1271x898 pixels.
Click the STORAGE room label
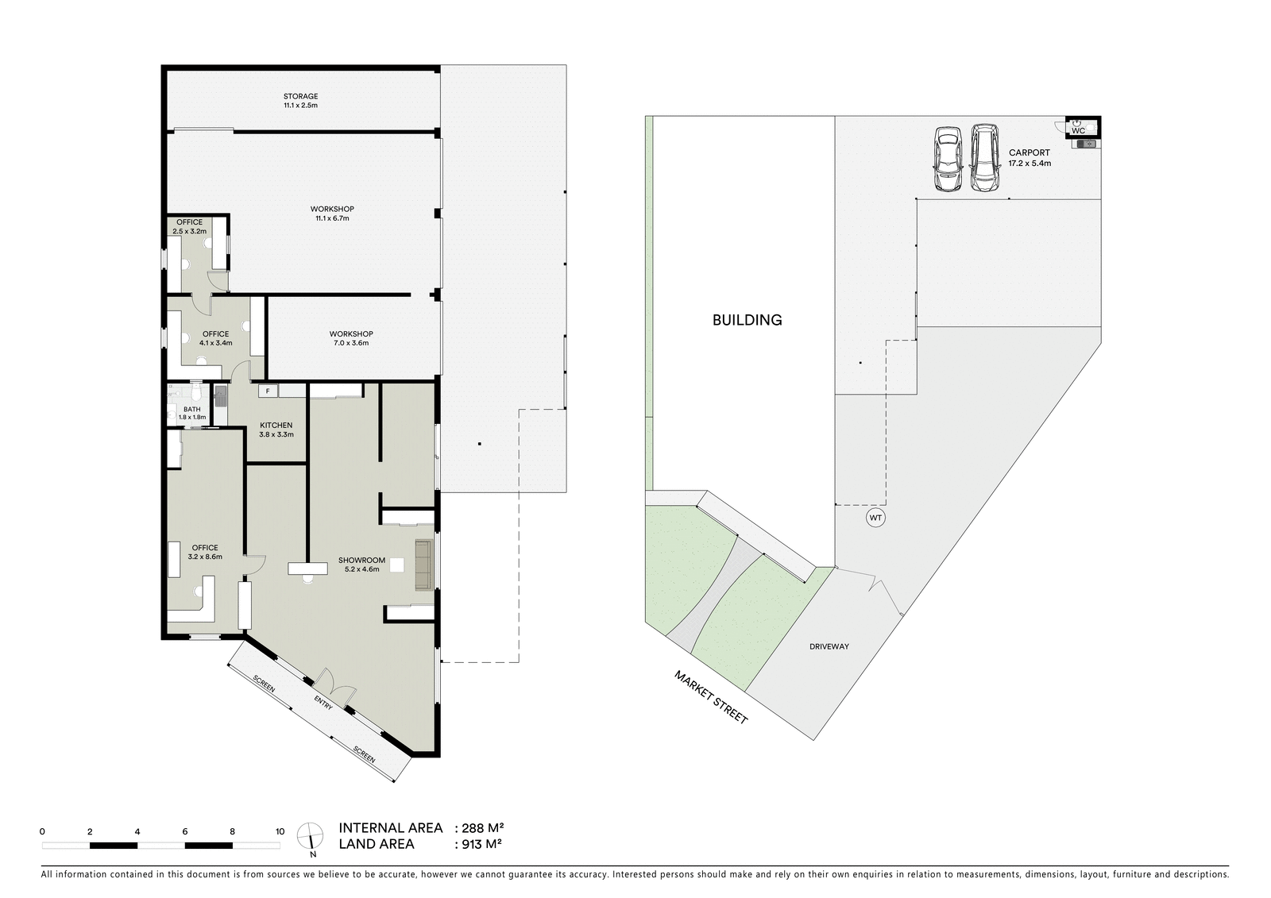[301, 96]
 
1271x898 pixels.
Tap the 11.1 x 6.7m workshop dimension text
[333, 218]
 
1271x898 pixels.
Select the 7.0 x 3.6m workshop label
[351, 338]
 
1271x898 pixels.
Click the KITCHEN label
[276, 426]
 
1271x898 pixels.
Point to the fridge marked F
[268, 391]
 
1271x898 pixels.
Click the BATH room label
[192, 409]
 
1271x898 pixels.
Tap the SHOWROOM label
[361, 561]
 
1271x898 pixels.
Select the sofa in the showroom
[423, 565]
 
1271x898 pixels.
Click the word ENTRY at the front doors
[323, 703]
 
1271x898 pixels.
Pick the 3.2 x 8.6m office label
[205, 552]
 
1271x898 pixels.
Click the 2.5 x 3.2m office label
[190, 226]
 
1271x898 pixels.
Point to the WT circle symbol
[875, 518]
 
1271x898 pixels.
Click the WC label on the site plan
[1078, 131]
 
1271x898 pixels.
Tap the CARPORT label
[1030, 152]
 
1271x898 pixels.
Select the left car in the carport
[948, 159]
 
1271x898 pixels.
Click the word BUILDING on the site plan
[747, 320]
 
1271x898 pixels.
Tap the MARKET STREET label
[711, 697]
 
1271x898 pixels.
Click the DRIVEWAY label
[829, 646]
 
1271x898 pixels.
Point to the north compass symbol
[311, 837]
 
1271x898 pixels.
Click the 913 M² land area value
[481, 844]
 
